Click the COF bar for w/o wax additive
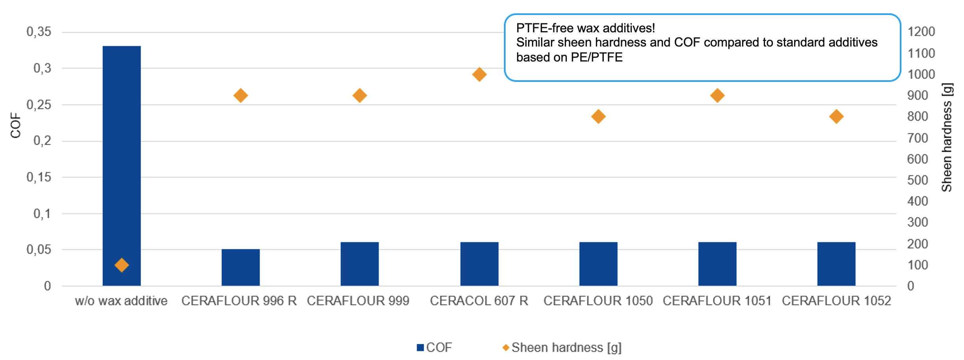pos(121,158)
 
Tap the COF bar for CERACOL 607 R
pos(479,264)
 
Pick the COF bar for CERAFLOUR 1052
pos(836,264)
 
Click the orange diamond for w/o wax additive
pos(121,265)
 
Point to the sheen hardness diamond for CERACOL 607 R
pos(479,74)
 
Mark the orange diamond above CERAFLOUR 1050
pos(598,116)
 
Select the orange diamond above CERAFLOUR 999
pos(359,95)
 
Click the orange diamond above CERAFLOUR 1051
pos(717,95)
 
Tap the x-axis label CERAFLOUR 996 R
pos(239,301)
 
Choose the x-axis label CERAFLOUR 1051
pos(717,301)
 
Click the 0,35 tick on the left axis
pos(39,32)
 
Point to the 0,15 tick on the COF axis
pos(39,177)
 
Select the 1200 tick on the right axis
pos(921,32)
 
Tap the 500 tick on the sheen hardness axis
pos(917,180)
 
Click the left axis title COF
pos(15,125)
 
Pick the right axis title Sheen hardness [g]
pos(947,137)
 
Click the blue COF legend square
pos(420,347)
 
